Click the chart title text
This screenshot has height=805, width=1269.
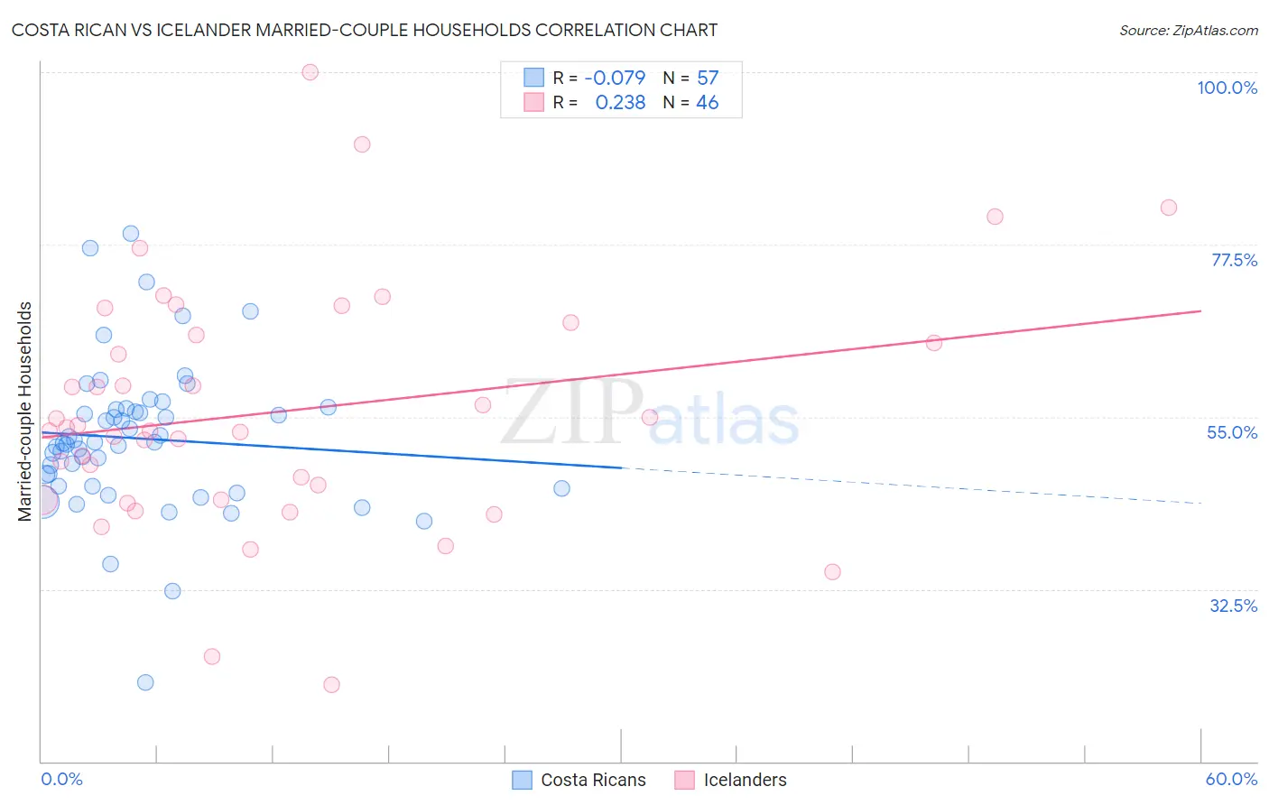click(x=365, y=30)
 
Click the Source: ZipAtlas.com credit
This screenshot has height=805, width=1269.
click(x=1188, y=30)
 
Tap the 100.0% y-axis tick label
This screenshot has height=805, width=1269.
click(x=1227, y=88)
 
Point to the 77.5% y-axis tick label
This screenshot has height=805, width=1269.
click(x=1233, y=260)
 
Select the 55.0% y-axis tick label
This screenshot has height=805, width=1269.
click(x=1232, y=432)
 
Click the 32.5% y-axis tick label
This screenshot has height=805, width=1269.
click(x=1233, y=606)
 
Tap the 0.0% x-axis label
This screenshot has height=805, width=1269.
click(x=61, y=779)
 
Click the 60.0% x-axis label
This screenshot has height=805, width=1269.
click(x=1231, y=779)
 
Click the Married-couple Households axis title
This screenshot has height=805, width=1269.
click(x=25, y=412)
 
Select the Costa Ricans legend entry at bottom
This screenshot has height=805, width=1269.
click(x=579, y=780)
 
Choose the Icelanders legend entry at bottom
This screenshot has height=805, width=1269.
click(x=731, y=780)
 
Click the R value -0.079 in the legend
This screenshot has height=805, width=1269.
click(x=615, y=78)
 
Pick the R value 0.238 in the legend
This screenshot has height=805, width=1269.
click(x=620, y=103)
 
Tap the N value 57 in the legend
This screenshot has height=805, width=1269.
click(x=708, y=78)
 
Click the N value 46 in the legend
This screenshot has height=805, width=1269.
click(x=708, y=103)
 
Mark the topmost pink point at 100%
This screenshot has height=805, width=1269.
click(x=310, y=72)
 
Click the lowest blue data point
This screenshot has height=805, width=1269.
click(x=145, y=682)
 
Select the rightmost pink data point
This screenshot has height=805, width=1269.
click(x=1169, y=208)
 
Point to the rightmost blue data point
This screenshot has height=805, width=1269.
click(x=561, y=488)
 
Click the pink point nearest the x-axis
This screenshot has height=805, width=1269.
click(x=331, y=685)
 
